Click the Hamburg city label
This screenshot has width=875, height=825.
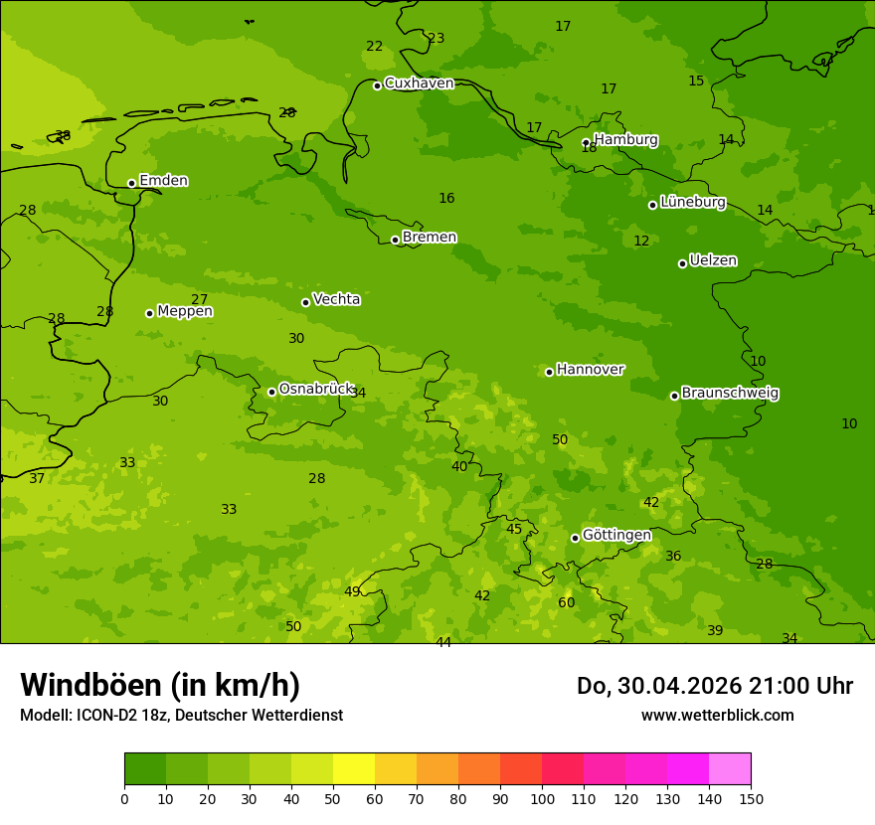coord(625,140)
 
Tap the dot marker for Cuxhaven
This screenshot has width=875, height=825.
coord(377,85)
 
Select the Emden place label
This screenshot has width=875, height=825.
coord(163,181)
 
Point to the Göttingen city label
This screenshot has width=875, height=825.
coord(616,535)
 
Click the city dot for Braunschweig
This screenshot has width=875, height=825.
coord(674,396)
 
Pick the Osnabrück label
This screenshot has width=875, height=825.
coord(316,389)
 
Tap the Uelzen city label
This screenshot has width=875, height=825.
coord(713,260)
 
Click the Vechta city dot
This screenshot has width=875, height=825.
coord(305,302)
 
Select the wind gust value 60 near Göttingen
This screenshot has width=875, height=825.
coord(566,602)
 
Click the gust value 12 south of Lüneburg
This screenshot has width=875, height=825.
coord(641,241)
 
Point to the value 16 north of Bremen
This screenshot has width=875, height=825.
coord(446,198)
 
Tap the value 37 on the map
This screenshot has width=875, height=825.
coord(37,478)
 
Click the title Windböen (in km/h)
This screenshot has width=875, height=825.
coord(160,685)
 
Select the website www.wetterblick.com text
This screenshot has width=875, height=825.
coord(717,715)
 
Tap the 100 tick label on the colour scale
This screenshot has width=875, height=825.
coord(542,798)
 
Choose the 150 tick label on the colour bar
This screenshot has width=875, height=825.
coord(750,798)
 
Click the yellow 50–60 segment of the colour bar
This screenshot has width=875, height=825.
coord(354,769)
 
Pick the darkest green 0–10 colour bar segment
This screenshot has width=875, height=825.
coord(145,769)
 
